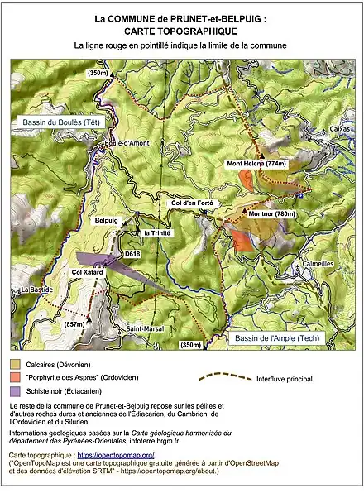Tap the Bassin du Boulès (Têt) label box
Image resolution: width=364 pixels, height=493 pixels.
[x=59, y=122]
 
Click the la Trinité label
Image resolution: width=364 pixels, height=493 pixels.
[x=157, y=233]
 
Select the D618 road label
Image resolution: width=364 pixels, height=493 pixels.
[x=132, y=254]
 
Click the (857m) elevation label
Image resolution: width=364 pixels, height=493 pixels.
[x=74, y=325]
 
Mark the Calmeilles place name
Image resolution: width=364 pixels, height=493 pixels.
[x=318, y=264]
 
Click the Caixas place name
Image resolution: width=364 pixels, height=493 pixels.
[x=340, y=129]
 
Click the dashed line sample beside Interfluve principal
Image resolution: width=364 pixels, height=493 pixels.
[x=226, y=376]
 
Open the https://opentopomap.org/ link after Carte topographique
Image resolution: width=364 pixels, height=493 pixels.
[x=116, y=455]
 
